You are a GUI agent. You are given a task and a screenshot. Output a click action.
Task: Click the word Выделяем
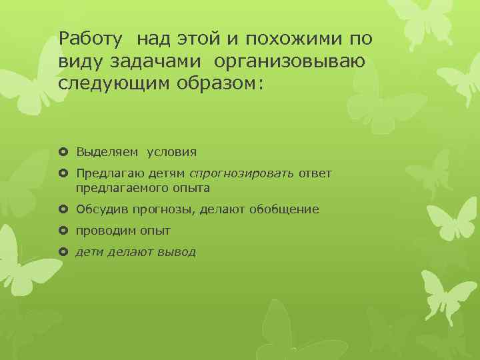coord(107,152)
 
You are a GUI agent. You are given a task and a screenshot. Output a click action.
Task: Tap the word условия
coord(171,152)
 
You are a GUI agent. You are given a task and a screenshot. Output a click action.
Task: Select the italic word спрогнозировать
coord(241,174)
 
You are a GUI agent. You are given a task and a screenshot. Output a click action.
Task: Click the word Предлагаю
coord(107,174)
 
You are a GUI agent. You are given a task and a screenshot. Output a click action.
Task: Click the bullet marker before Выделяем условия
coord(63,152)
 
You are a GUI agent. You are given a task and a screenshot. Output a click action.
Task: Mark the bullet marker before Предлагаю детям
coord(63,174)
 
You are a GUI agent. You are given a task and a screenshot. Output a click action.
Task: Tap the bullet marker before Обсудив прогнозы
coord(63,209)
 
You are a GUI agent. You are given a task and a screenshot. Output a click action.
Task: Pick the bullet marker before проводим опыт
coord(63,231)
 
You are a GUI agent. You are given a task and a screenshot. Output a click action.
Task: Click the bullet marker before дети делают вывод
coord(63,252)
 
